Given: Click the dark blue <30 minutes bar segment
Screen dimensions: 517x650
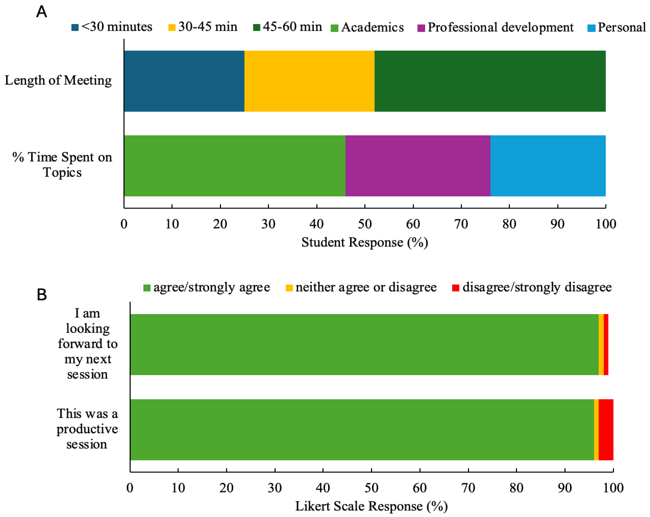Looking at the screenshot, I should tap(184, 81).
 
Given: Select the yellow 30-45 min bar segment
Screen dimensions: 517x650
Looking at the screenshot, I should tap(309, 81).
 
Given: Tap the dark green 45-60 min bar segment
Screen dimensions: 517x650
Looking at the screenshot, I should tap(490, 81).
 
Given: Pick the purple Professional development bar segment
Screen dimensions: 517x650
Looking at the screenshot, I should tap(418, 166).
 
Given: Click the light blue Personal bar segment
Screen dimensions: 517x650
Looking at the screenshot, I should tap(548, 166).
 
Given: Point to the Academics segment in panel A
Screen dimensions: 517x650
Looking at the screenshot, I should tap(235, 166).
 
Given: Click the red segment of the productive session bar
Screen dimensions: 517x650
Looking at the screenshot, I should tap(606, 430).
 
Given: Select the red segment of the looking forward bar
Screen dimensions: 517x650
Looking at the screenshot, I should tap(606, 344).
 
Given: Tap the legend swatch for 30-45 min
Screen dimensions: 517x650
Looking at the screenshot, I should tap(171, 27).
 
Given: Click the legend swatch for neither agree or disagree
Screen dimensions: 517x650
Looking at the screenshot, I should tap(289, 288).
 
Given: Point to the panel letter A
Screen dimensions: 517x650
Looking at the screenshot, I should tap(42, 12).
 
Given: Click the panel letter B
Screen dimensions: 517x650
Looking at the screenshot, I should tap(42, 295).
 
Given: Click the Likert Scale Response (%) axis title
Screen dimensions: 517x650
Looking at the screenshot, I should tap(371, 506).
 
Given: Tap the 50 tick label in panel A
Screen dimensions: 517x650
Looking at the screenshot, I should tap(364, 224).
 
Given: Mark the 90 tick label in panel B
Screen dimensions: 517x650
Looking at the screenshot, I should tap(564, 488).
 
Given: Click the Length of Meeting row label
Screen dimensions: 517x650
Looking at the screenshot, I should tap(58, 80).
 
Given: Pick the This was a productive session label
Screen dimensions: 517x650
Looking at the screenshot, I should tap(87, 429).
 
